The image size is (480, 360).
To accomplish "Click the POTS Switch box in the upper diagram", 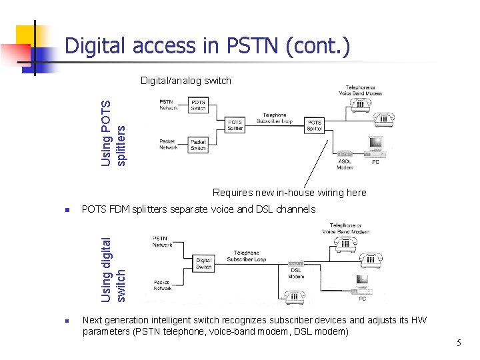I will (199, 105).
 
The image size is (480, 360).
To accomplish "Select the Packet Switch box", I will (198, 145).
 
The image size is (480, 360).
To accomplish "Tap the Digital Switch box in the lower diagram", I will (203, 264).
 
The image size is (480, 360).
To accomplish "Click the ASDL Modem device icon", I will (345, 153).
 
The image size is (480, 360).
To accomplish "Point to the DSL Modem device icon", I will (296, 265).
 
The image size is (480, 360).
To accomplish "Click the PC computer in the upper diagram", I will (375, 145).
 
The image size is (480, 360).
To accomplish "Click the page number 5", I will (459, 343).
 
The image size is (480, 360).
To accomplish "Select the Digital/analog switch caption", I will (185, 81).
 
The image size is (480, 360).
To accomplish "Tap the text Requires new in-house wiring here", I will (289, 193).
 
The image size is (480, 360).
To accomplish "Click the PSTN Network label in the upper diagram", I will (169, 104).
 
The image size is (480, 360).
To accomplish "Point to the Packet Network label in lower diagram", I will (163, 285).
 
